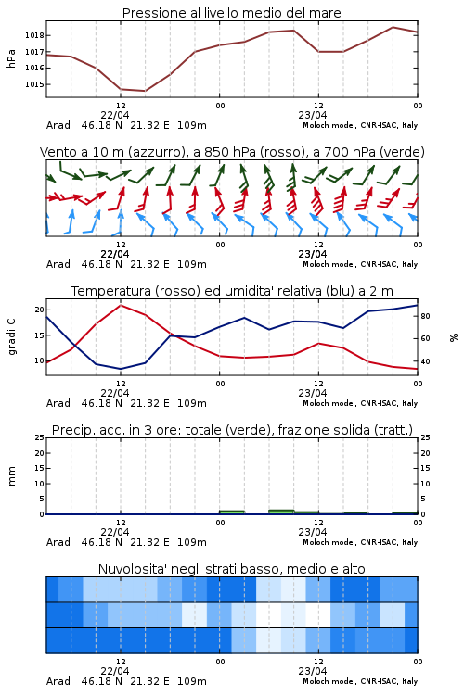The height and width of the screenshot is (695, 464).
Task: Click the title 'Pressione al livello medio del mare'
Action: (231, 13)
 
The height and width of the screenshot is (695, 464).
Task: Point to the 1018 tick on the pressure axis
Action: (34, 35)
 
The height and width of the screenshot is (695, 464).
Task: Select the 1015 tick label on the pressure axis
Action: (34, 84)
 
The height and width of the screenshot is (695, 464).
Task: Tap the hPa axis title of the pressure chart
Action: (11, 58)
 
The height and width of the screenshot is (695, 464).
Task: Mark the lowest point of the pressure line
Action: (145, 91)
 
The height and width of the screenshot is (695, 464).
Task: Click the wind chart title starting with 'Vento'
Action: (232, 152)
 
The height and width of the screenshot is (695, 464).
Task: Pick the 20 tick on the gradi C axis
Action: (40, 310)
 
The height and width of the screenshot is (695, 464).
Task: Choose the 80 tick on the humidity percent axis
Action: (425, 316)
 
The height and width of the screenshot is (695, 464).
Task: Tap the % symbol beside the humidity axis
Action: (454, 337)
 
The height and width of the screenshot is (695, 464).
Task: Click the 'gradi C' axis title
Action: (11, 336)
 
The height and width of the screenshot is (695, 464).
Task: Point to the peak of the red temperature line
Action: (121, 305)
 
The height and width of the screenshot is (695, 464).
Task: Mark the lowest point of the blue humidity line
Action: (121, 369)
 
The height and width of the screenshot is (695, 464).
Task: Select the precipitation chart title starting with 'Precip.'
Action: (232, 430)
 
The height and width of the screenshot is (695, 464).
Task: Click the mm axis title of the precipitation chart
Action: (11, 476)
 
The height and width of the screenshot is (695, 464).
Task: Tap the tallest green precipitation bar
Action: (281, 512)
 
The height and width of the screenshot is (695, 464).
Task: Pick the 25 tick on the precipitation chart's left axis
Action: (40, 437)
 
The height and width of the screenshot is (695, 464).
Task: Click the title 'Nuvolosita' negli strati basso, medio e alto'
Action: (231, 569)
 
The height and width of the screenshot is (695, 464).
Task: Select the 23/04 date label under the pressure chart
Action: (313, 115)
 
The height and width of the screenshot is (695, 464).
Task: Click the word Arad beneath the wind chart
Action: (58, 264)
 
